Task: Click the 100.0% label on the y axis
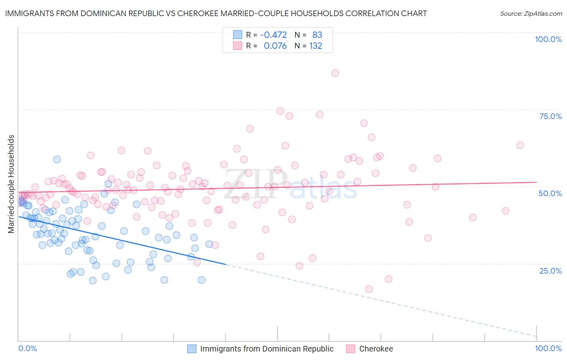click(x=548, y=39)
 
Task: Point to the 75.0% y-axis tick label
click(x=550, y=116)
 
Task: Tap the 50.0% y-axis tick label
click(x=550, y=193)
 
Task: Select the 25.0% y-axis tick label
click(x=550, y=270)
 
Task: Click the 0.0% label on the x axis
click(x=27, y=348)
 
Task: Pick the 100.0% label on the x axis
click(x=548, y=348)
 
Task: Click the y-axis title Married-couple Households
click(x=11, y=184)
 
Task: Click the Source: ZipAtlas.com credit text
click(x=531, y=13)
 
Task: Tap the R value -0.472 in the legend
click(x=273, y=35)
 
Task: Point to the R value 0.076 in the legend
click(x=275, y=46)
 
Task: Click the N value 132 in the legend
click(x=315, y=46)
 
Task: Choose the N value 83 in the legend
click(x=317, y=35)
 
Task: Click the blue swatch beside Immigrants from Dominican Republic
click(x=192, y=349)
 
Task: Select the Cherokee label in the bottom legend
click(x=376, y=349)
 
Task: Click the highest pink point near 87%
click(x=335, y=73)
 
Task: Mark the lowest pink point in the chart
click(x=369, y=289)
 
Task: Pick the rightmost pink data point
click(x=520, y=145)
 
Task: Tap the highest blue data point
click(x=57, y=159)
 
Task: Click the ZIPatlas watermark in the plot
click(x=290, y=184)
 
